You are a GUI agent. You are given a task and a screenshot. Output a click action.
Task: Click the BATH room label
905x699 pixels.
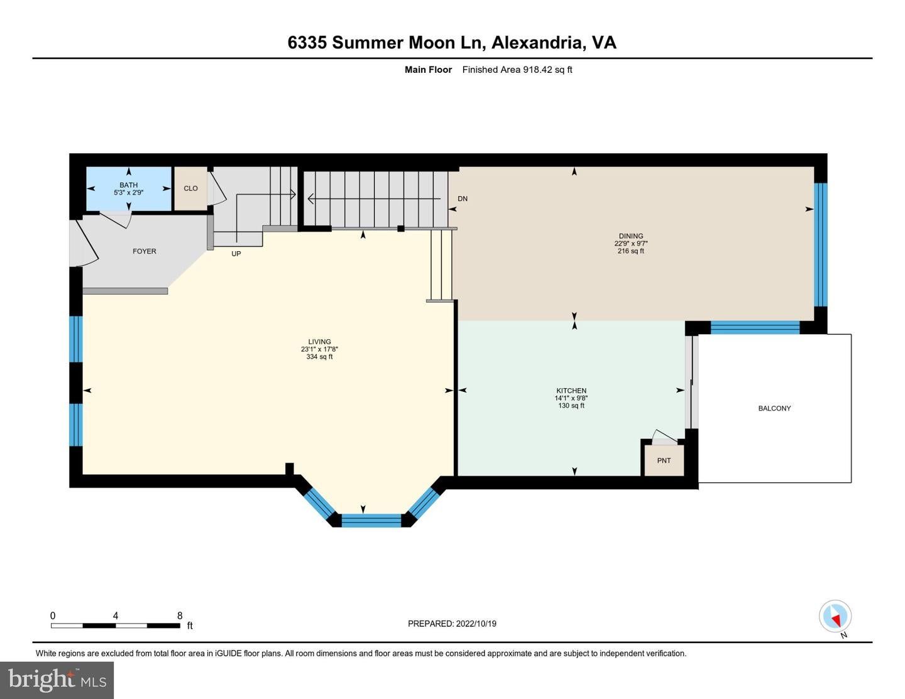coord(128,185)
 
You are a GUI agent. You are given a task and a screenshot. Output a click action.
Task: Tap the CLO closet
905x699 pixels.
coord(190,188)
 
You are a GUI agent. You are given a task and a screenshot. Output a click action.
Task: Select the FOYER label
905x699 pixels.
coord(144,251)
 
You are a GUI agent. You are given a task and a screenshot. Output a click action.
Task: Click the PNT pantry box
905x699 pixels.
coord(664,460)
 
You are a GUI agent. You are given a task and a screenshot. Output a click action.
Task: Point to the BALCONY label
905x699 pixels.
coord(774,408)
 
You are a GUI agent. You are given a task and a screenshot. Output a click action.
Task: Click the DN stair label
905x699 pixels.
coord(463,199)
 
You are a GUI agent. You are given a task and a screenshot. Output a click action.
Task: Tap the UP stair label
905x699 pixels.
coord(236,254)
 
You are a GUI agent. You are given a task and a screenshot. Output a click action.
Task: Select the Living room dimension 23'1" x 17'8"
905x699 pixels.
coord(319,349)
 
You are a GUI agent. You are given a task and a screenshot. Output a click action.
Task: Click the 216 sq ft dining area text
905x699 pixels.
coord(630,251)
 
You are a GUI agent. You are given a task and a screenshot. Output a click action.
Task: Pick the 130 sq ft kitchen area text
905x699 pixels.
coord(571,406)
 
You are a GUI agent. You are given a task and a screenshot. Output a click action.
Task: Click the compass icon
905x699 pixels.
coord(835,616)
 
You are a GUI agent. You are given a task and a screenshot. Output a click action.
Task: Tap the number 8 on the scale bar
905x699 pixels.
coord(180,615)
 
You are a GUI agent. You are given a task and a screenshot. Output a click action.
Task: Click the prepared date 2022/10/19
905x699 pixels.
coord(476,624)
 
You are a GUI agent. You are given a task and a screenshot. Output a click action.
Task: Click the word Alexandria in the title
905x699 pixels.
coord(537,43)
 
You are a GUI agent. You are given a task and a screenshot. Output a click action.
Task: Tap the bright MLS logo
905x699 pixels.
coord(57,680)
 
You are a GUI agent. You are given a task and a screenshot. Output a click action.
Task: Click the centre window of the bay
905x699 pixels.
coord(371,521)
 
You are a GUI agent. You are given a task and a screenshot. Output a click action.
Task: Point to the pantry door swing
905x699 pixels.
coord(665,435)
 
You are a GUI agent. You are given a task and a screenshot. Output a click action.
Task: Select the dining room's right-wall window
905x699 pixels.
coord(820,245)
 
